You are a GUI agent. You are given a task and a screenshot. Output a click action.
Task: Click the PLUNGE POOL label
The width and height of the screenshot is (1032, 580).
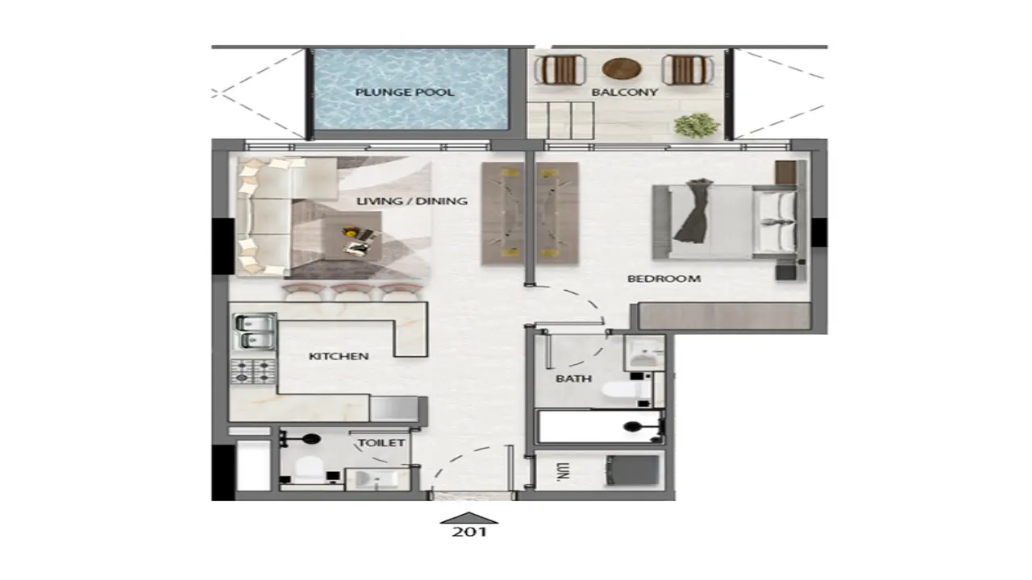tap(405, 93)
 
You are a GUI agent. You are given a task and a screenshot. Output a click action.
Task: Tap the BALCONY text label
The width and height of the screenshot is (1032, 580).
tap(625, 93)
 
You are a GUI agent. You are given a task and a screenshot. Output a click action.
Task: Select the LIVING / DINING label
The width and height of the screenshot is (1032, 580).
tap(412, 201)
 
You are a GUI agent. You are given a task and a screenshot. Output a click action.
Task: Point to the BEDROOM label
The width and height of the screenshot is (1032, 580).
tap(664, 279)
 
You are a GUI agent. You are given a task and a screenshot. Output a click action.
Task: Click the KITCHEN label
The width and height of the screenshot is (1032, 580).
tap(339, 356)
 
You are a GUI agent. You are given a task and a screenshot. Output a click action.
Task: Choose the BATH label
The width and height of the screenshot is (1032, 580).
tap(573, 378)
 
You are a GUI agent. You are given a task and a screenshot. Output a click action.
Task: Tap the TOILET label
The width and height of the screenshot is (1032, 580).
tap(381, 442)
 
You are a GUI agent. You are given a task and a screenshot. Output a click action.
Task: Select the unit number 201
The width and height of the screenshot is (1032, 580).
tap(468, 532)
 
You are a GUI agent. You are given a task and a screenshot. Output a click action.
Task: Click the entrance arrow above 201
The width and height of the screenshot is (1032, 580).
tap(468, 517)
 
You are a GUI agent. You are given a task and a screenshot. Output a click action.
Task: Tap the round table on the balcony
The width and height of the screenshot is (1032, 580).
tap(622, 68)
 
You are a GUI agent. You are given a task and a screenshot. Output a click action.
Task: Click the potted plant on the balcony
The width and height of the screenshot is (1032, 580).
tap(697, 125)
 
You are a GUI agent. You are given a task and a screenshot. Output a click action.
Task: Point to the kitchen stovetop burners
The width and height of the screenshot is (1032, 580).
tap(253, 371)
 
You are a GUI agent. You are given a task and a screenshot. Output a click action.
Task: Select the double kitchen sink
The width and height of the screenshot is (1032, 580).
tap(254, 332)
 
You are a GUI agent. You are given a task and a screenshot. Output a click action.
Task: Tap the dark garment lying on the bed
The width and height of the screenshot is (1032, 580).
tap(694, 211)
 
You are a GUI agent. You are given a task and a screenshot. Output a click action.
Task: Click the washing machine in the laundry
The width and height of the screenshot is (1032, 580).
tap(632, 470)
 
